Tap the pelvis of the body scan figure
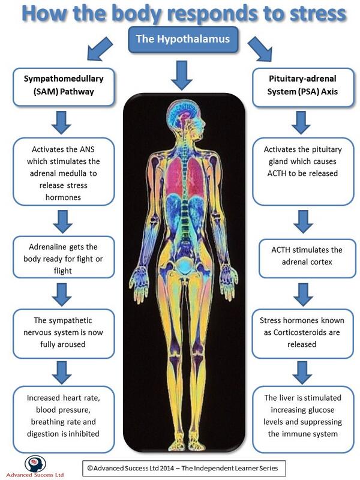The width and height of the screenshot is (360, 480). click(x=180, y=258)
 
